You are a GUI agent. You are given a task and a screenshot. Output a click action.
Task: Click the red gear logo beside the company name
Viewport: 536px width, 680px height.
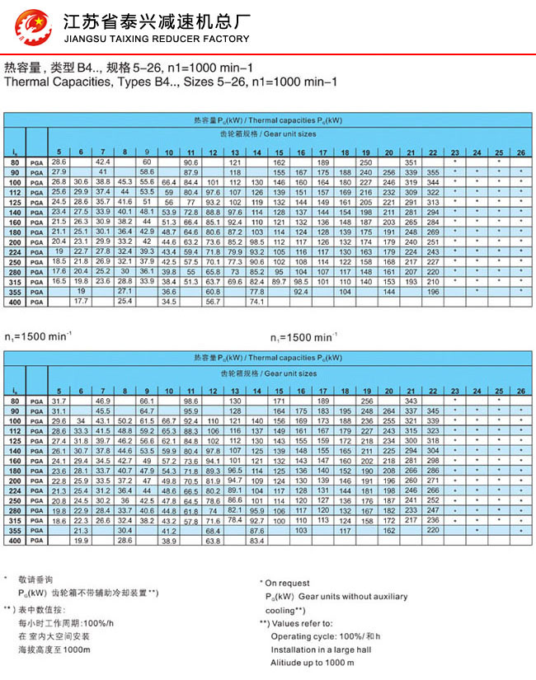tap(32, 27)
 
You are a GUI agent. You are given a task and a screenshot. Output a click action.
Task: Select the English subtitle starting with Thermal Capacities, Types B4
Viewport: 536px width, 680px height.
tap(171, 82)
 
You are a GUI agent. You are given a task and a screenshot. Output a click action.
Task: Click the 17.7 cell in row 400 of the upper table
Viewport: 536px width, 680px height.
tap(81, 302)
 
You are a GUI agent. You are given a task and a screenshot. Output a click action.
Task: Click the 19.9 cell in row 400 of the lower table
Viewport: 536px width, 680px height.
tap(81, 541)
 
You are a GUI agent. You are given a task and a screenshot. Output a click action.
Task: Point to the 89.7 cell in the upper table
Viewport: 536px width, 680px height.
tap(279, 282)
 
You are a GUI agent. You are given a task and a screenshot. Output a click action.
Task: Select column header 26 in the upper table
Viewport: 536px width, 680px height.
tap(520, 152)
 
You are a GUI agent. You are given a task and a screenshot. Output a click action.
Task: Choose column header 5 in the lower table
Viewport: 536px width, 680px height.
tap(58, 391)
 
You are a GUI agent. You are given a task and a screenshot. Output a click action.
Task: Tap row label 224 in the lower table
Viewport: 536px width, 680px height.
tap(15, 490)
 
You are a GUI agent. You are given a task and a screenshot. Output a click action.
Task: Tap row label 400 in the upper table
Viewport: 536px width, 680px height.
tap(15, 302)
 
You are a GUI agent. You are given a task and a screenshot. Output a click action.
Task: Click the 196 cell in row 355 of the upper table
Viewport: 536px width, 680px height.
tap(433, 292)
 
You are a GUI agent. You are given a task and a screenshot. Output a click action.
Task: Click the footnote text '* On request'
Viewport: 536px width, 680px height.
tap(287, 583)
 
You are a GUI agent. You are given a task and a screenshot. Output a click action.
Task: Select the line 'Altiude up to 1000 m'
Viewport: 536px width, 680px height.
tap(313, 663)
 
